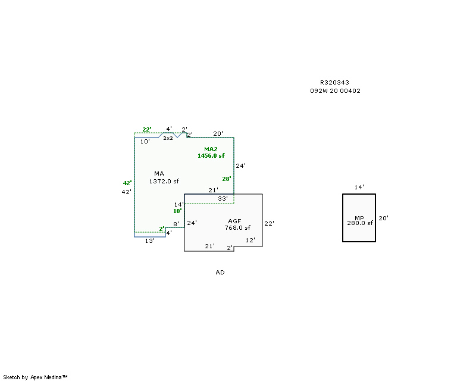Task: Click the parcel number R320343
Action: [334, 83]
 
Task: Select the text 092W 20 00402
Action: [335, 91]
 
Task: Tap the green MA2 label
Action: [211, 149]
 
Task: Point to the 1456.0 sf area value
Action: [211, 155]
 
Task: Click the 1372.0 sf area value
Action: [164, 181]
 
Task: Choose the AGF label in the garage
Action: [234, 221]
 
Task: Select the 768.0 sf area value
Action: [237, 227]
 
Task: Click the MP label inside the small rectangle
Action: [359, 218]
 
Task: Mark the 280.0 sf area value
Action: [360, 223]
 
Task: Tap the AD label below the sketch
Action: [220, 272]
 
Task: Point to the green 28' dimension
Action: [226, 179]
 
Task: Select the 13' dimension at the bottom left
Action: [150, 241]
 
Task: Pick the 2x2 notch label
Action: [168, 138]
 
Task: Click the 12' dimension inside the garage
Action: [250, 241]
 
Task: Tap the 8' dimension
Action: [176, 224]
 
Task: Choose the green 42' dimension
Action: [127, 183]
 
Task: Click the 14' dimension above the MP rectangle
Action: [359, 188]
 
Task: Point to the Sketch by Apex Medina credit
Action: [35, 377]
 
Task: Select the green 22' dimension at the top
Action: [147, 129]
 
